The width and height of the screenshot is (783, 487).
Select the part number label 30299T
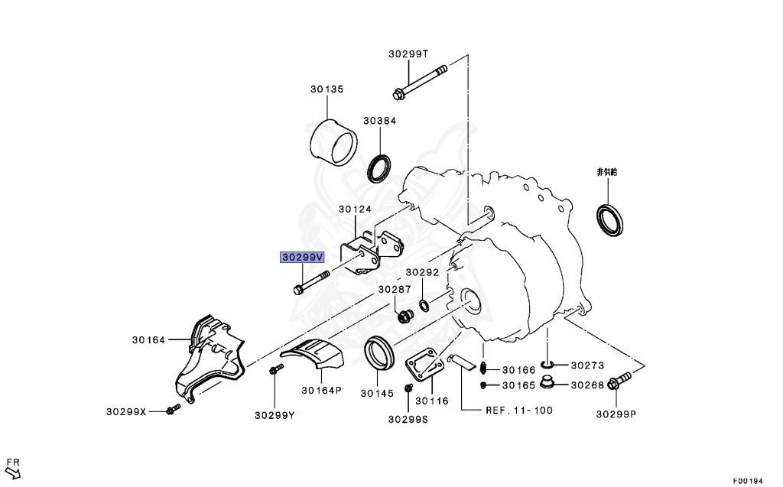(x=408, y=54)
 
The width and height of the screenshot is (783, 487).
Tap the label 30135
(x=327, y=89)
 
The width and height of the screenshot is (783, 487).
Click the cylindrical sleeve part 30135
(x=334, y=143)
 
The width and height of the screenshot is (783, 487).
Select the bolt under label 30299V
(x=310, y=282)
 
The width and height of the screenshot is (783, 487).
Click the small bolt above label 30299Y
(x=275, y=371)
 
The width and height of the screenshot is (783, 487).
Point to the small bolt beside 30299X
(x=171, y=411)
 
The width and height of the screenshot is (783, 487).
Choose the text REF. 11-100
(x=519, y=411)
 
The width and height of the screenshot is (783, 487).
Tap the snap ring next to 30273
(x=547, y=365)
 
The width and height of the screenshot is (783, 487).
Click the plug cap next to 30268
(x=547, y=383)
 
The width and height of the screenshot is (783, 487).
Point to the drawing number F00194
(x=748, y=481)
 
